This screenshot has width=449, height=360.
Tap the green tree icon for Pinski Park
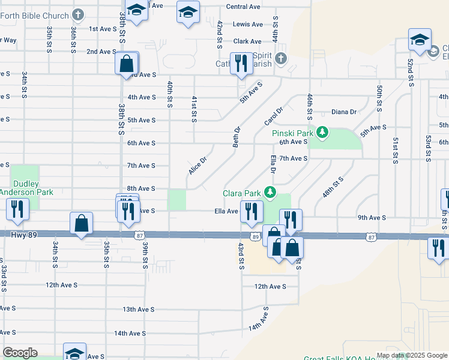(322, 131)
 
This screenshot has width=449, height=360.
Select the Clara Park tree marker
(270, 192)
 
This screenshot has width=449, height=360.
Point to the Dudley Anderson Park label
(25, 188)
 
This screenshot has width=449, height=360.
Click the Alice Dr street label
(197, 166)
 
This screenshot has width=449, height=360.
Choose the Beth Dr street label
(238, 137)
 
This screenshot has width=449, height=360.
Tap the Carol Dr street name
(274, 117)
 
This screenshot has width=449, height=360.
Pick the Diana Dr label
(344, 112)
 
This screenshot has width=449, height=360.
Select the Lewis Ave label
(248, 25)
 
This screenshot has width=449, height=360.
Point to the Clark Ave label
(247, 41)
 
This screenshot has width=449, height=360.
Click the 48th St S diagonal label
(332, 187)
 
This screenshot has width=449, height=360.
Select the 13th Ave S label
(139, 310)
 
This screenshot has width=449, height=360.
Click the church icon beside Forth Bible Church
(78, 13)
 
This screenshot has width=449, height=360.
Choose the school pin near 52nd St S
(420, 40)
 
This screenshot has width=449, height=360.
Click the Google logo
(20, 353)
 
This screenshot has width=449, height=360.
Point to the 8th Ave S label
(141, 188)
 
